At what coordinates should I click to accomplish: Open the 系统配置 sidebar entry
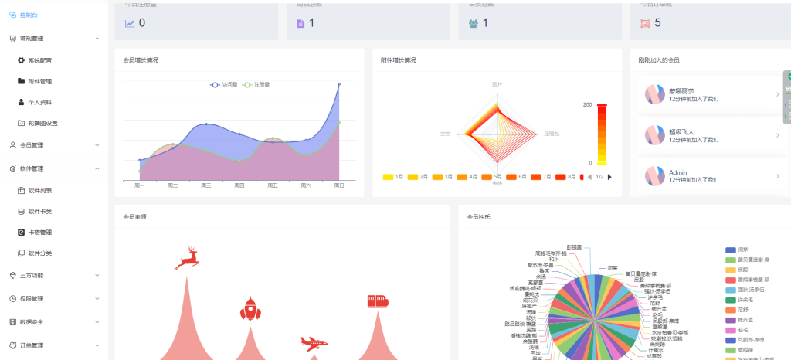pos(39,59)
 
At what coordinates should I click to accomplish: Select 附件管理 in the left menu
pos(39,80)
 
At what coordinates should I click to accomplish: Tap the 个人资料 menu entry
pos(39,101)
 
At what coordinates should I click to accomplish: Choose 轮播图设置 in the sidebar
pos(42,122)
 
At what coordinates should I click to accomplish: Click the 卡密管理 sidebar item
pos(39,232)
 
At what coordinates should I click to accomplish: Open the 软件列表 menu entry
pos(39,189)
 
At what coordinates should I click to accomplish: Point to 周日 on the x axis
pos(338,185)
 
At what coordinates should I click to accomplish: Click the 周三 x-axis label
pos(206,185)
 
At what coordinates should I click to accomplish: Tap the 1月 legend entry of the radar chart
pos(394,177)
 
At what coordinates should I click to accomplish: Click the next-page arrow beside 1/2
pos(610,177)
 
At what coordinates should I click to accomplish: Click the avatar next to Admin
pos(654,176)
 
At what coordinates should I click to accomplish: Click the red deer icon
pos(186,259)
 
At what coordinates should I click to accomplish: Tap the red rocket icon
pos(249,308)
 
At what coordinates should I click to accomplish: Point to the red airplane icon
pos(314,342)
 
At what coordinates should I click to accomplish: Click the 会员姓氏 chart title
pos(479,217)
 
